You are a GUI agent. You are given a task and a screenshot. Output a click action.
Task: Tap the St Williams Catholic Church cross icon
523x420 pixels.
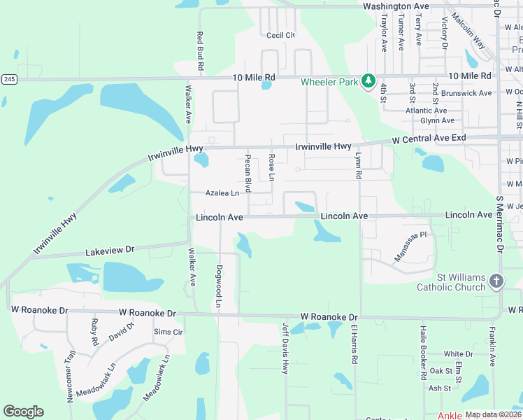click(496, 281)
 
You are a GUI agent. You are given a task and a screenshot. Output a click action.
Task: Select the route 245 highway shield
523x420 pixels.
click(8, 79)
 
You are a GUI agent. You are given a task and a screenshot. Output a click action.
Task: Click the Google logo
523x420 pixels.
click(23, 412)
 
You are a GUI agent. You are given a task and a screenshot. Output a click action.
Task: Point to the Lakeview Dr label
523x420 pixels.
click(109, 250)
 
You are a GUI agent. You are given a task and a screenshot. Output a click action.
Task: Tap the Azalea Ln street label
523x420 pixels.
click(222, 193)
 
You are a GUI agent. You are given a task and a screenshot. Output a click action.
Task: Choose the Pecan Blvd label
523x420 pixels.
click(248, 172)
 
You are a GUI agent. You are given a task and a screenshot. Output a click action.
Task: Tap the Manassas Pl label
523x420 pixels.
click(410, 247)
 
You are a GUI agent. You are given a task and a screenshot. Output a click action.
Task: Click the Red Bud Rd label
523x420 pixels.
click(200, 50)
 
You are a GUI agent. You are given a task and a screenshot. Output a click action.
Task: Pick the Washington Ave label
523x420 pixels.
click(396, 6)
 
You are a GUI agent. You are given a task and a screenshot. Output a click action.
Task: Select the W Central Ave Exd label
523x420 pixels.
click(429, 139)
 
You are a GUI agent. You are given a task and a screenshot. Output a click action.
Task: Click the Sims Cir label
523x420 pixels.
click(168, 332)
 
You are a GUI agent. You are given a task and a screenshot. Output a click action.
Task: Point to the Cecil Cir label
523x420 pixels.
click(280, 35)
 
